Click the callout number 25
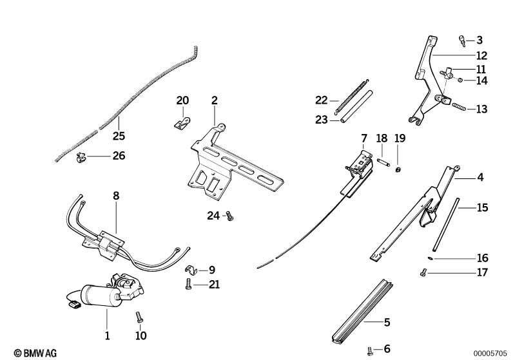tap(119, 136)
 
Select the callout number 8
tap(116, 194)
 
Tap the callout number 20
tap(183, 100)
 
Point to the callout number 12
tap(481, 55)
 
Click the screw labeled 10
tap(138, 317)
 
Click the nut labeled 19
tap(400, 169)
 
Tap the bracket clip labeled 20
tap(183, 120)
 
